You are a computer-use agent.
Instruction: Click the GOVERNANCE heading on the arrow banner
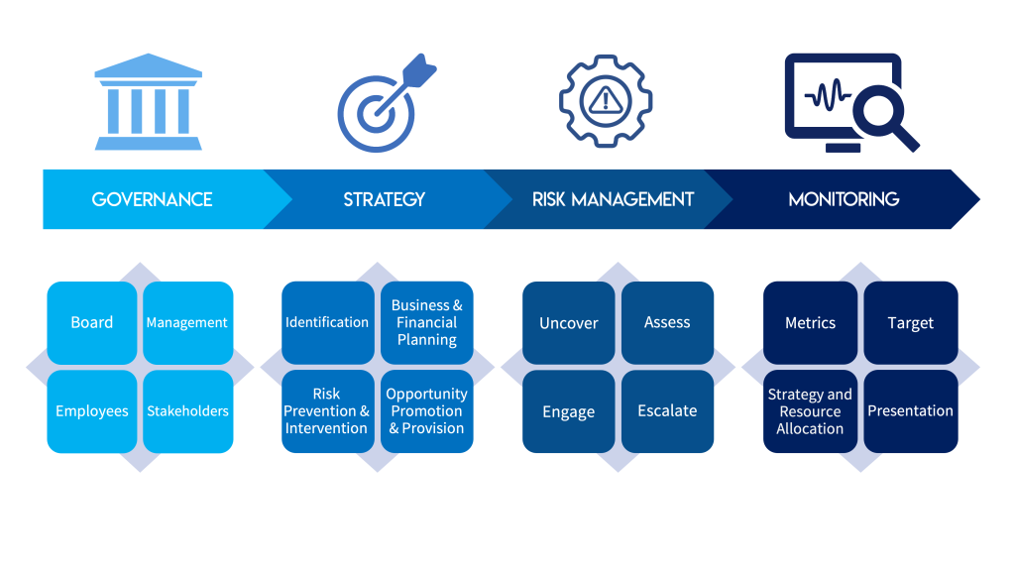[x=152, y=199]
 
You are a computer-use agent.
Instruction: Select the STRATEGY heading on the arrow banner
[x=384, y=199]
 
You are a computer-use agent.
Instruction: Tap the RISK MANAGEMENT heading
[x=613, y=199]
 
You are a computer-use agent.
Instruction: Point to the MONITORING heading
[x=844, y=199]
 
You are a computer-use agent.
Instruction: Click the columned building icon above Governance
[x=149, y=102]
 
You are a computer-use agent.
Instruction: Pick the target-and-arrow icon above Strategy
[x=387, y=103]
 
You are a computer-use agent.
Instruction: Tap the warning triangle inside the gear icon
[x=606, y=100]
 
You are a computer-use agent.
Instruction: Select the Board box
[x=92, y=322]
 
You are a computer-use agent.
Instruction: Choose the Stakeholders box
[x=187, y=411]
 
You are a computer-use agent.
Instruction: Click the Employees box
[x=92, y=411]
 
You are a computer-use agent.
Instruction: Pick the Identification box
[x=327, y=322]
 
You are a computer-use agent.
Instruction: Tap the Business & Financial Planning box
[x=426, y=322]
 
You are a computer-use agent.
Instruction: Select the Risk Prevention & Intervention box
[x=327, y=411]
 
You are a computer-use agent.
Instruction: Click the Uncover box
[x=568, y=322]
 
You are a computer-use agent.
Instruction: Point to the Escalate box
[x=667, y=411]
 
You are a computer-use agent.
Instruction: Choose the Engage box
[x=568, y=411]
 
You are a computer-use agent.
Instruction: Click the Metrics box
[x=810, y=322]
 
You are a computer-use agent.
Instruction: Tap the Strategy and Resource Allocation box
[x=810, y=411]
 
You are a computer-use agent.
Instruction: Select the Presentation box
[x=911, y=411]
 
